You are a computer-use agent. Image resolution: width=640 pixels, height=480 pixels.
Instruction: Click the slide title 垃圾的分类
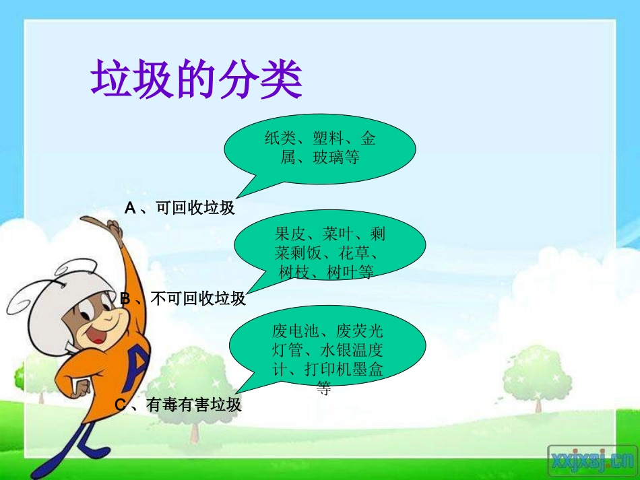pyautogui.click(x=197, y=80)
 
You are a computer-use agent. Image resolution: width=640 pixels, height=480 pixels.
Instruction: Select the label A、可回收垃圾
pyautogui.click(x=180, y=208)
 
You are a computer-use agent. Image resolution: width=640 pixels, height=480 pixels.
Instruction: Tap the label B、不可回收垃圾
pyautogui.click(x=183, y=298)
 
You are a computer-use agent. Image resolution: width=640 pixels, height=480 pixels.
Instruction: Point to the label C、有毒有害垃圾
pyautogui.click(x=179, y=405)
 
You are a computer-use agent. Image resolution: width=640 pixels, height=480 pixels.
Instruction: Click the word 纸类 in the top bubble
pyautogui.click(x=280, y=139)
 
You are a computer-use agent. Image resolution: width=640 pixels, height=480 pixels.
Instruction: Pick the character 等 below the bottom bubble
pyautogui.click(x=324, y=388)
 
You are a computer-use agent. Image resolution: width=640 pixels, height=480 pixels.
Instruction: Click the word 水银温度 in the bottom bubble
pyautogui.click(x=360, y=351)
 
